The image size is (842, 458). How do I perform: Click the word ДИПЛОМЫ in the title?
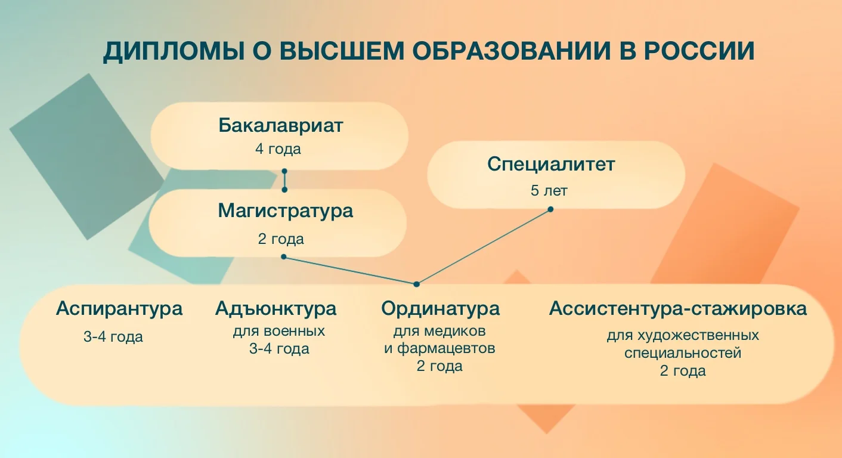pyautogui.click(x=174, y=51)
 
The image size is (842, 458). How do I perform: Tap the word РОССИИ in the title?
pyautogui.click(x=699, y=51)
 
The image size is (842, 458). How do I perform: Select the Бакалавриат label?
pyautogui.click(x=281, y=125)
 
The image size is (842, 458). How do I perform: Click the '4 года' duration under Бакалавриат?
pyautogui.click(x=278, y=149)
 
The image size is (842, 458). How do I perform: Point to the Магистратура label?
pyautogui.click(x=286, y=211)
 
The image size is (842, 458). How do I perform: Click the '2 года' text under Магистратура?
pyautogui.click(x=281, y=239)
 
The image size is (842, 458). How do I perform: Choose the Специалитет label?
pyautogui.click(x=551, y=165)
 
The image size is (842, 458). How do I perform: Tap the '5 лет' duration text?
pyautogui.click(x=549, y=191)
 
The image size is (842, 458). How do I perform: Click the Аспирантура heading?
pyautogui.click(x=119, y=310)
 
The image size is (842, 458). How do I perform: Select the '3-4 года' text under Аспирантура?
pyautogui.click(x=113, y=337)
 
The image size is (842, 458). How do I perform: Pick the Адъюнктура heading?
pyautogui.click(x=276, y=309)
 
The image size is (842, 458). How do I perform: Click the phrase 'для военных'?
pyautogui.click(x=279, y=332)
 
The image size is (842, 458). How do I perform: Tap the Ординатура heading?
pyautogui.click(x=441, y=310)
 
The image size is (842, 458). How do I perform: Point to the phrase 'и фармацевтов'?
pyautogui.click(x=439, y=349)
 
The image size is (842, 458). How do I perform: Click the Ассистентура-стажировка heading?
pyautogui.click(x=678, y=309)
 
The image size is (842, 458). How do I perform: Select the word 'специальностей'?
pyautogui.click(x=683, y=354)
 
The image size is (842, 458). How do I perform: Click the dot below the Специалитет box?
pyautogui.click(x=550, y=209)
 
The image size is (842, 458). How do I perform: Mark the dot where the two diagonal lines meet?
pyautogui.click(x=416, y=284)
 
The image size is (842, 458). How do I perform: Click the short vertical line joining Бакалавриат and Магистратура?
pyautogui.click(x=284, y=181)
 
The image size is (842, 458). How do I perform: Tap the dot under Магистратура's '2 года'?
pyautogui.click(x=284, y=257)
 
